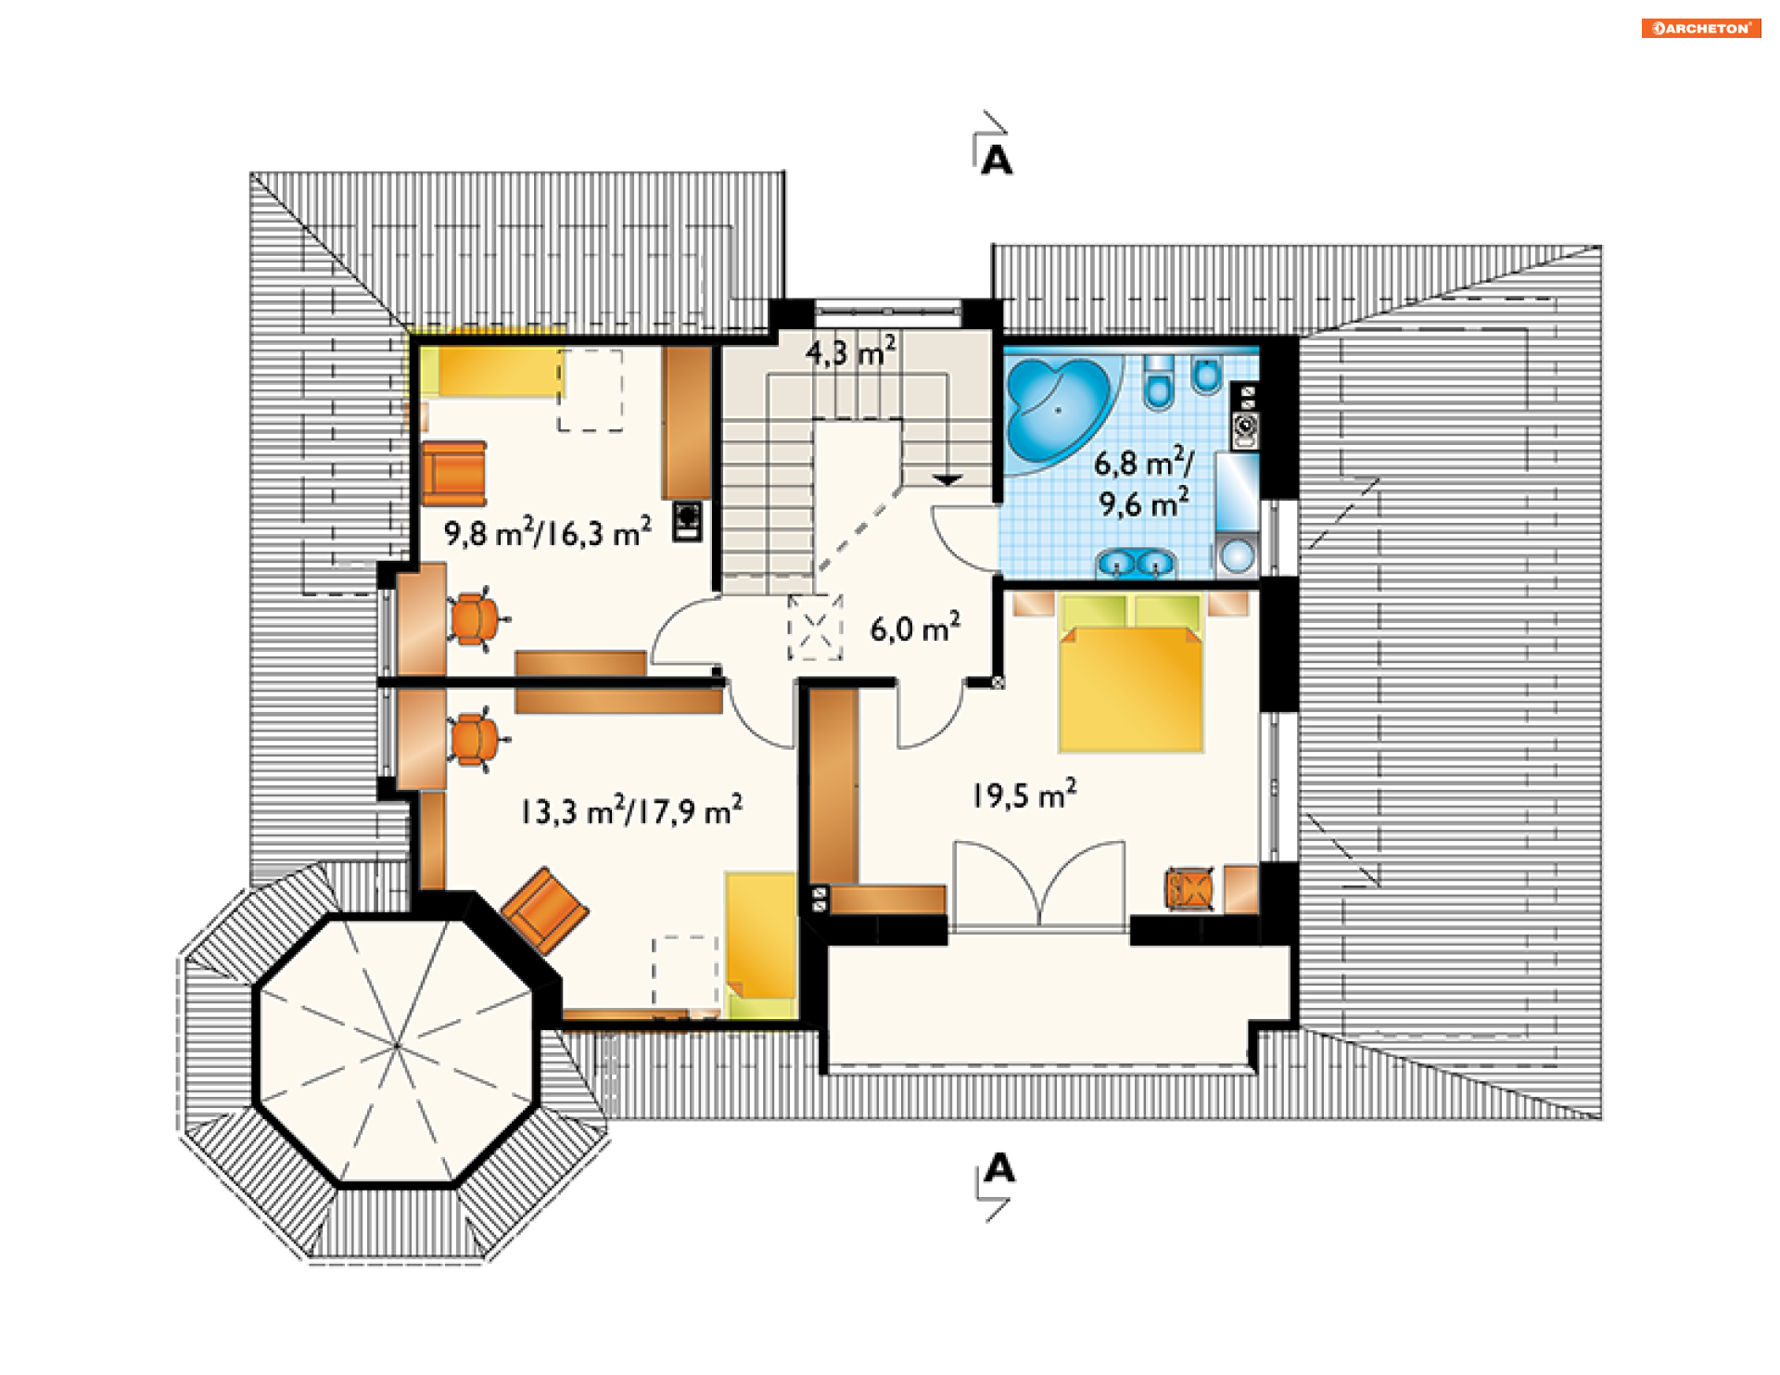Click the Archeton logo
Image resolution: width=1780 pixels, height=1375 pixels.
pyautogui.click(x=1700, y=28)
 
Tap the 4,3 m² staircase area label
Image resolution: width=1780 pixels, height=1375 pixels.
pyautogui.click(x=850, y=351)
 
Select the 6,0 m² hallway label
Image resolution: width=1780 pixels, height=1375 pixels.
pyautogui.click(x=915, y=629)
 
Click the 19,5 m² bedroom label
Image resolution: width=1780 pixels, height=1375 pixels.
pyautogui.click(x=1024, y=795)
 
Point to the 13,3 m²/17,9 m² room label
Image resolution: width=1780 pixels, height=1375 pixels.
pyautogui.click(x=631, y=810)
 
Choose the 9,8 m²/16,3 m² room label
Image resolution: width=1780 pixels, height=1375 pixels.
pyautogui.click(x=547, y=532)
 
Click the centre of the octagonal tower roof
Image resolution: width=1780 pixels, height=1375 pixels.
pyautogui.click(x=396, y=1046)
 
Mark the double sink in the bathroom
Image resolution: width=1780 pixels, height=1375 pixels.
pyautogui.click(x=1136, y=563)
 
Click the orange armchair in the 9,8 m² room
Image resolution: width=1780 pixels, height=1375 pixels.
pyautogui.click(x=454, y=473)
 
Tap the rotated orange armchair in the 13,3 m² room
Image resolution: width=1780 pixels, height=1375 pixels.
pyautogui.click(x=544, y=910)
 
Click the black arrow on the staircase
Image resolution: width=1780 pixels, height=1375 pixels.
pyautogui.click(x=947, y=480)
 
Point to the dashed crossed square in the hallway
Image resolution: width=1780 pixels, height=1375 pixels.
pyautogui.click(x=816, y=628)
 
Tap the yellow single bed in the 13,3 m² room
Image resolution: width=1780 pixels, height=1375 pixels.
pyautogui.click(x=761, y=945)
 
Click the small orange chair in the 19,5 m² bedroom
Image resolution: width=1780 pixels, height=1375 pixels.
pyautogui.click(x=1189, y=889)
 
